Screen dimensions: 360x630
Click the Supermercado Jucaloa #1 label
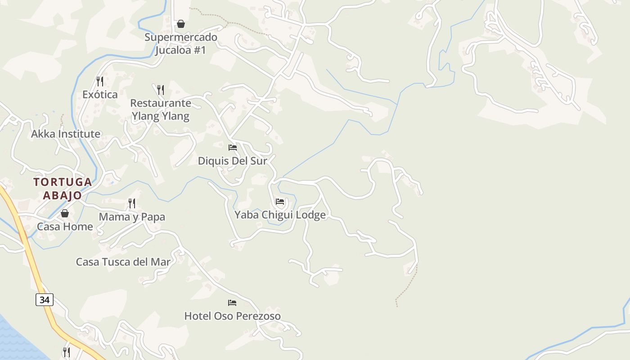pyautogui.click(x=180, y=43)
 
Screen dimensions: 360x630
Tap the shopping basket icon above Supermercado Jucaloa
pyautogui.click(x=181, y=24)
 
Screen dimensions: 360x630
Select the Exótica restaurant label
pyautogui.click(x=100, y=94)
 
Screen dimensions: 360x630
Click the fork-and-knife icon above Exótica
pyautogui.click(x=100, y=81)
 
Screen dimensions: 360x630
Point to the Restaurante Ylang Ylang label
pyautogui.click(x=161, y=110)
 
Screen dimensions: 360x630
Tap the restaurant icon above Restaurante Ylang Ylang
pyautogui.click(x=161, y=90)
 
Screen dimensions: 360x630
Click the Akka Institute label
pyautogui.click(x=66, y=134)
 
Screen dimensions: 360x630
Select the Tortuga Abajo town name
pyautogui.click(x=63, y=189)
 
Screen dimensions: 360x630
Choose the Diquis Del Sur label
pyautogui.click(x=233, y=161)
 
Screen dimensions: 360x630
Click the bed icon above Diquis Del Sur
pyautogui.click(x=233, y=148)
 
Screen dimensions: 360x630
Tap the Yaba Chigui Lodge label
pyautogui.click(x=280, y=215)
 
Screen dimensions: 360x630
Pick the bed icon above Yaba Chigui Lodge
pyautogui.click(x=280, y=202)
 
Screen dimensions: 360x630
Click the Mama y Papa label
pyautogui.click(x=132, y=217)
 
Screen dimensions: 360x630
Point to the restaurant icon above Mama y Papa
pyautogui.click(x=132, y=204)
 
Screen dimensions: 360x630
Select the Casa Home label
pyautogui.click(x=65, y=226)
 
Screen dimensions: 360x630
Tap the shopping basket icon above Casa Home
pyautogui.click(x=65, y=213)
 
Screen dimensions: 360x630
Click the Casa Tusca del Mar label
pyautogui.click(x=123, y=262)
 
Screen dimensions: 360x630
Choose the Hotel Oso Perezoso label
pyautogui.click(x=232, y=316)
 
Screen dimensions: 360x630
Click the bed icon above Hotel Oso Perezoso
pyautogui.click(x=232, y=303)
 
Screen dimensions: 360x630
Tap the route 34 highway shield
pyautogui.click(x=45, y=299)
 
